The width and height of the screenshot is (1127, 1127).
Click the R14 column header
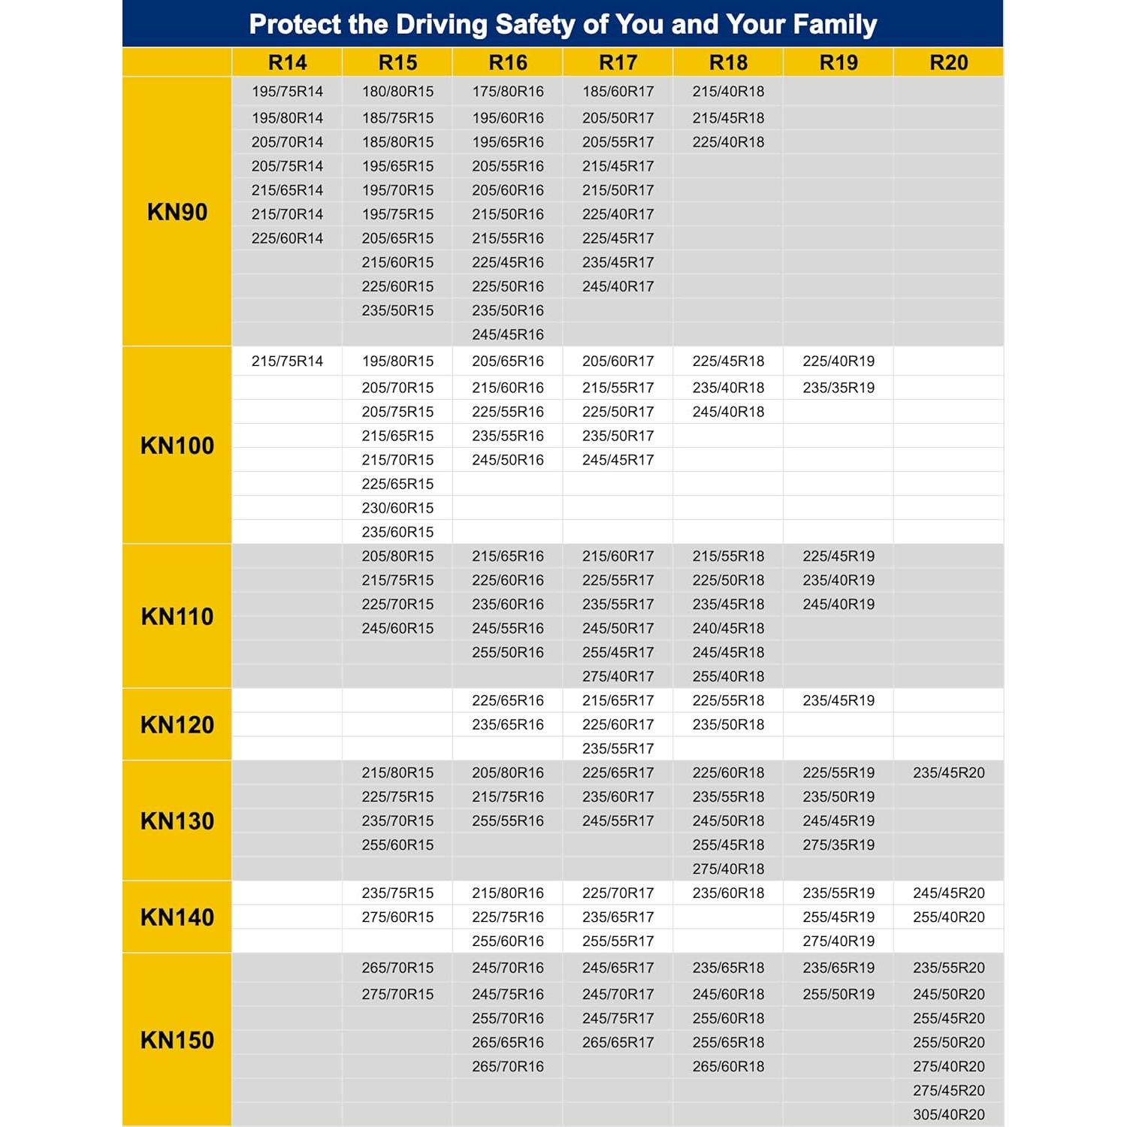[287, 62]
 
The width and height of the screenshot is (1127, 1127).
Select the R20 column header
[948, 62]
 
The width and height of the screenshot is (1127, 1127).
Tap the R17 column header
[618, 62]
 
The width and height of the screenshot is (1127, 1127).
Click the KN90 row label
[177, 212]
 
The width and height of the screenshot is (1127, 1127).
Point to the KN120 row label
[177, 725]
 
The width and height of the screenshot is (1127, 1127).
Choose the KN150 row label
[177, 1041]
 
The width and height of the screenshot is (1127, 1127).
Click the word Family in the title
[835, 24]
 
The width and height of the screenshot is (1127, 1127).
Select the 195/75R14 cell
[287, 92]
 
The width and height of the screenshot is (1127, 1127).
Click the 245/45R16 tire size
[508, 334]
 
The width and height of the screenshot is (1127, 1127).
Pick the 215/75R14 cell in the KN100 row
[287, 361]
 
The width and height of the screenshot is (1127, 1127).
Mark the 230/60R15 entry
[397, 508]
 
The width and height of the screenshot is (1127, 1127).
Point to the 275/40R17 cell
[618, 676]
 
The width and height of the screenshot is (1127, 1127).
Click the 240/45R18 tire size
[728, 628]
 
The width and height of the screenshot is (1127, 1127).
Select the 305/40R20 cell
[948, 1115]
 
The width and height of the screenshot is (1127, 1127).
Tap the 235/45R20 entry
[948, 772]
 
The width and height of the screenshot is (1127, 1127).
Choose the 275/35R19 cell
[838, 844]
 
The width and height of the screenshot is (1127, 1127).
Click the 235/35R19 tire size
[838, 388]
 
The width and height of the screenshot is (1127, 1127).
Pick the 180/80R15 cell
[397, 92]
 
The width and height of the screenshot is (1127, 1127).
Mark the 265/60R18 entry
[728, 1066]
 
